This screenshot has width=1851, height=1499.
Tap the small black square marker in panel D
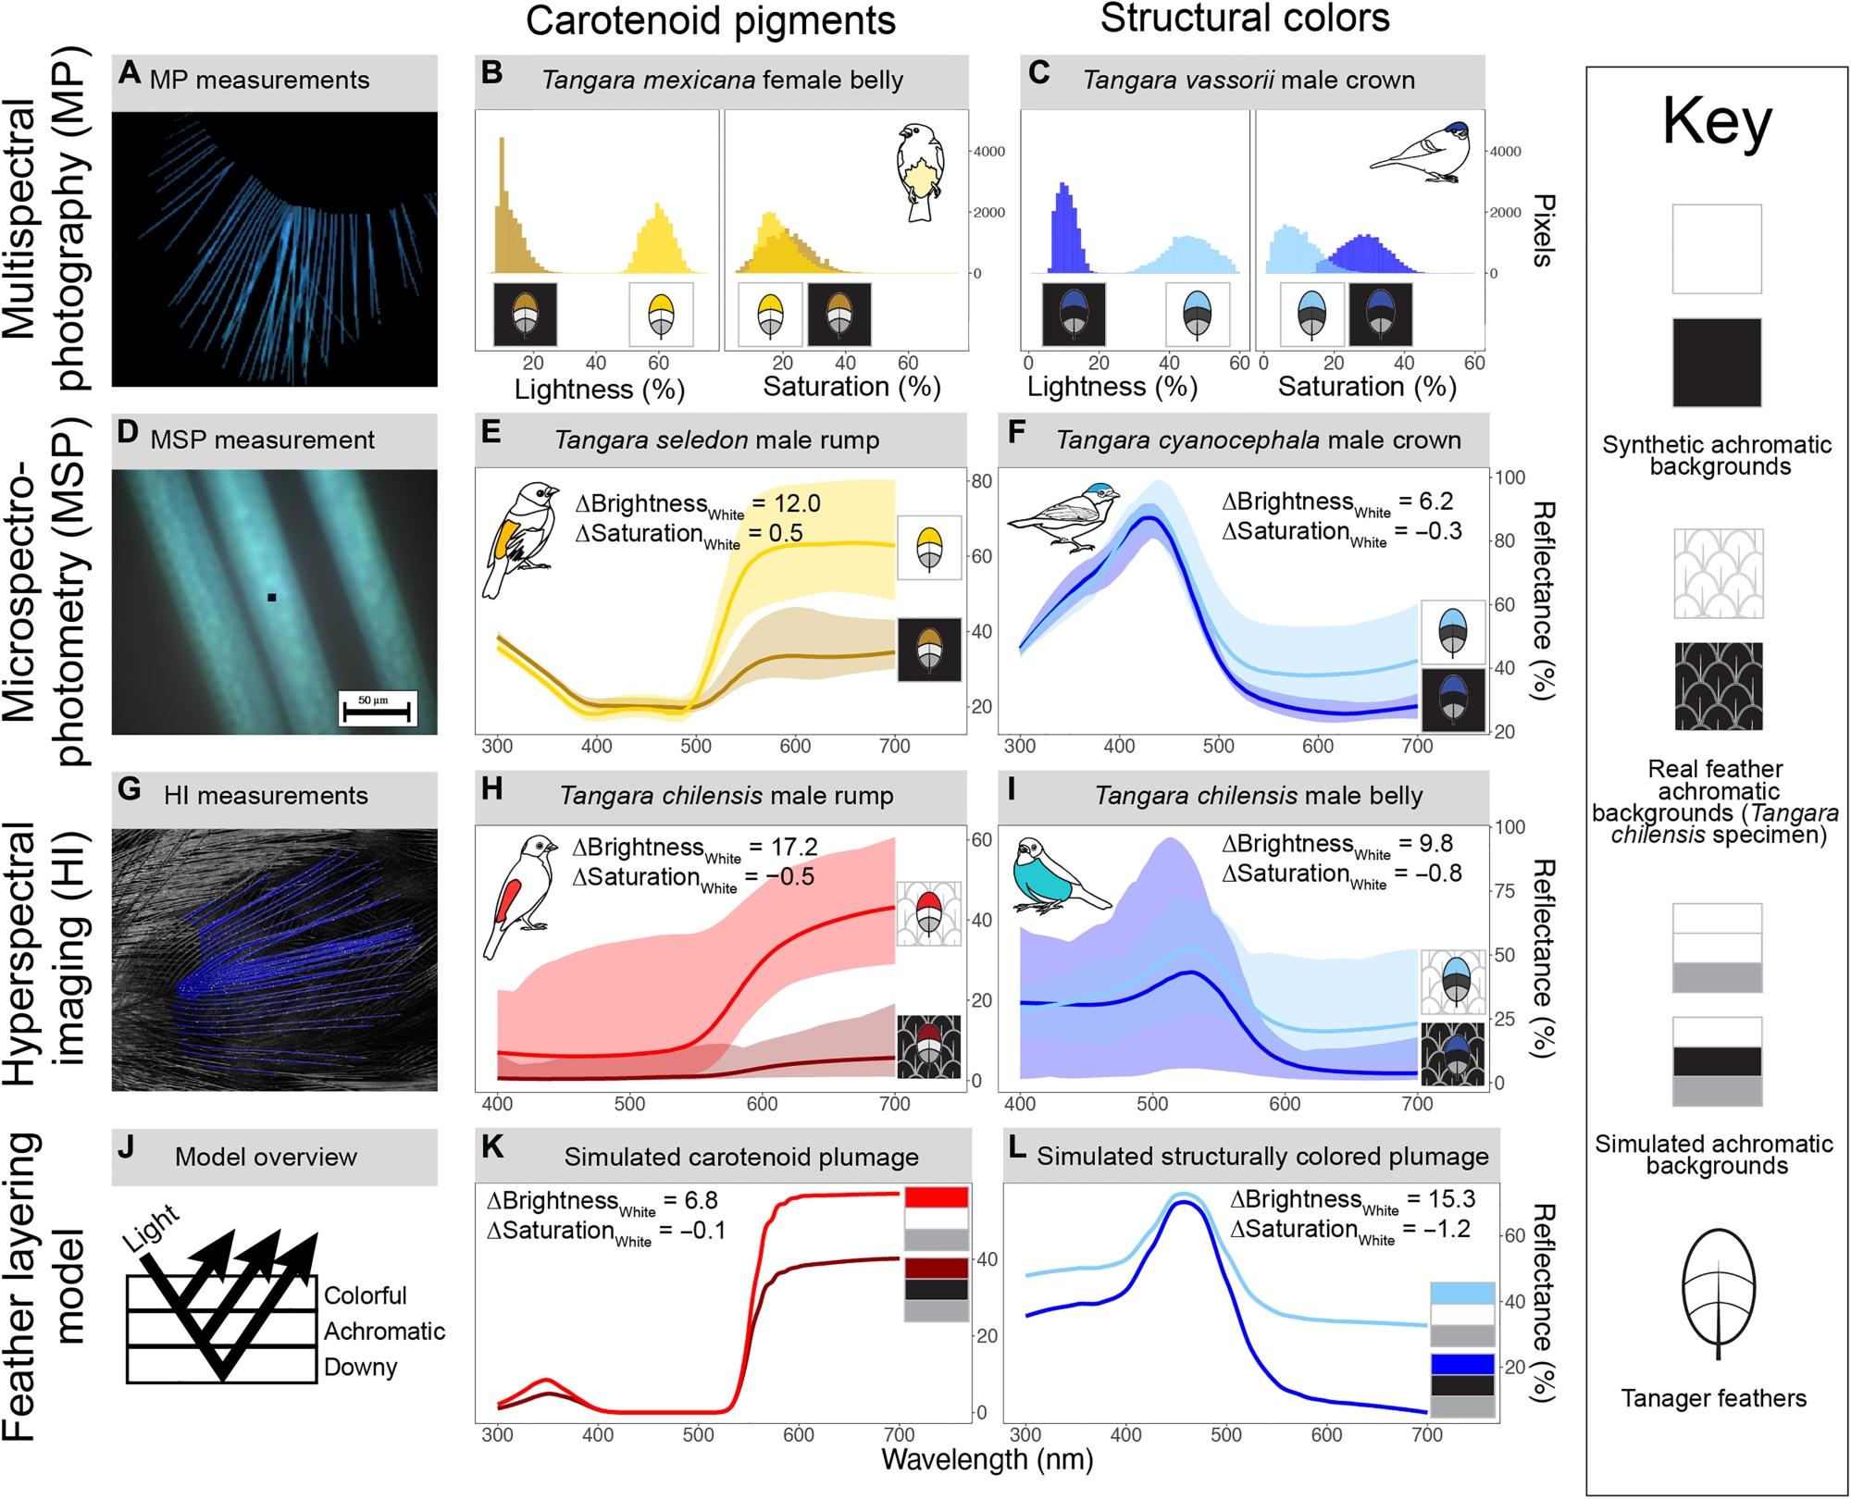(x=272, y=598)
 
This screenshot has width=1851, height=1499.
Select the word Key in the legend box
(x=1717, y=122)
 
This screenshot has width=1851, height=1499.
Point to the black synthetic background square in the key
(x=1717, y=363)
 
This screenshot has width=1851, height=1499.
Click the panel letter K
(x=493, y=1147)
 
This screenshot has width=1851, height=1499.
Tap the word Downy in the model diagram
(x=360, y=1367)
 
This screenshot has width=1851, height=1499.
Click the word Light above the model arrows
(x=151, y=1229)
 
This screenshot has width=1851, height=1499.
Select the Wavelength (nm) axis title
(x=988, y=1459)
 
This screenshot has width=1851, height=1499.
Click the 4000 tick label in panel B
(x=988, y=152)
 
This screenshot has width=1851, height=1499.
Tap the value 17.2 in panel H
(x=795, y=847)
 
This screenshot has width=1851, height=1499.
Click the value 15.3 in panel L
(x=1451, y=1199)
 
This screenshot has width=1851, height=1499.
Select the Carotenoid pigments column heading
(x=710, y=21)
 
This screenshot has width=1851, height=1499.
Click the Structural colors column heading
(x=1245, y=19)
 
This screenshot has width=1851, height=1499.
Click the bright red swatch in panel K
(x=937, y=1197)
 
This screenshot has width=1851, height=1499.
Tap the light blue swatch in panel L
(x=1462, y=1293)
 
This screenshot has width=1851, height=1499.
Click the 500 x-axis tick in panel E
(x=696, y=746)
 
